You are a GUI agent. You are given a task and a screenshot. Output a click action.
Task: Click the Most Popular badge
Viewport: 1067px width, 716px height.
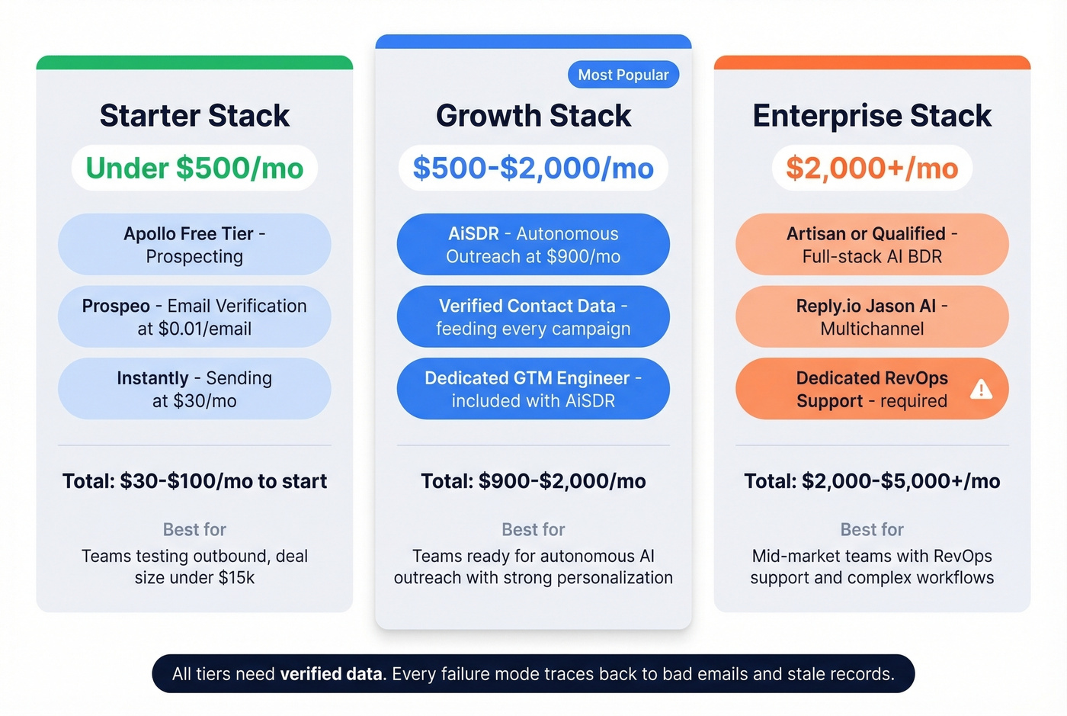623,75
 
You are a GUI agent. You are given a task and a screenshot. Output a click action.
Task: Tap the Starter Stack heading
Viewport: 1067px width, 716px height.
194,116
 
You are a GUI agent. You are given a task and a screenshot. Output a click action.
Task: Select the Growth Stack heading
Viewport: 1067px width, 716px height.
533,116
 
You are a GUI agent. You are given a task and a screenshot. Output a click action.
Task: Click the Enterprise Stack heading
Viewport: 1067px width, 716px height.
872,116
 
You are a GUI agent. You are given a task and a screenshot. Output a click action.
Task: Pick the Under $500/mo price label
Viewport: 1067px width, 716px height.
194,168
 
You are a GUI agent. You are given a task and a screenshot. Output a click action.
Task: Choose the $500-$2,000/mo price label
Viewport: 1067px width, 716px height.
533,168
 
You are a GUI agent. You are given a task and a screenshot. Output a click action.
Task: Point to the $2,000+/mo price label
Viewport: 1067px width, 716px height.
872,168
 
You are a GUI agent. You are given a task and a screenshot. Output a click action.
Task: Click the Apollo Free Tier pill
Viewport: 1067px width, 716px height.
194,245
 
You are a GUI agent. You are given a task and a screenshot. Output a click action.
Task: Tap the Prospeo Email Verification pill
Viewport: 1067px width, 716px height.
194,317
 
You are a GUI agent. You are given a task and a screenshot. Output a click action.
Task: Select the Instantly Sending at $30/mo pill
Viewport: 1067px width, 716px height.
194,389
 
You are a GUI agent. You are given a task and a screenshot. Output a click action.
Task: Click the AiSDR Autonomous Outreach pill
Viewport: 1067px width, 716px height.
533,245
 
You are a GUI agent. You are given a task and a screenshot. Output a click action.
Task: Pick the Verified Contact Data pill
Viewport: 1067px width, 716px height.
533,317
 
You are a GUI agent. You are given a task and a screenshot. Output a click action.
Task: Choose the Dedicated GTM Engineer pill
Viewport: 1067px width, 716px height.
533,389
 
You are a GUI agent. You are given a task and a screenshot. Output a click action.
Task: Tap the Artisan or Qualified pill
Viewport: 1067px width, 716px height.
872,245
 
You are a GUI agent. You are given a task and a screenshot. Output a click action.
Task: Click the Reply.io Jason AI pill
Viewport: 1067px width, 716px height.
872,317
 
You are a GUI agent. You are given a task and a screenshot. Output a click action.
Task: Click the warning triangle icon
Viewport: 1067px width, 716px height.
981,390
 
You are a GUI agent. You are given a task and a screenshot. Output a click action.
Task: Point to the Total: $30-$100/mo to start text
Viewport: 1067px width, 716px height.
194,481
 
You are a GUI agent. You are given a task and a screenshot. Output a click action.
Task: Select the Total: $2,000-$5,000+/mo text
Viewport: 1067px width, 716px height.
872,481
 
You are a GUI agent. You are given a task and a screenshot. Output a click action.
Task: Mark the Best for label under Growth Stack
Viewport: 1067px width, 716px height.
533,529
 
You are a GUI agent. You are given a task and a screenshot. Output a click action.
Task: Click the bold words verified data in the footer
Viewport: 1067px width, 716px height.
332,674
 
